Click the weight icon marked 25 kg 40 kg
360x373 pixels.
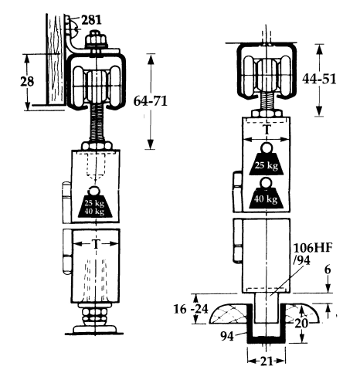94,205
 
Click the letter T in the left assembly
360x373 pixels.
94,242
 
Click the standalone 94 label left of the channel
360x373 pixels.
226,336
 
